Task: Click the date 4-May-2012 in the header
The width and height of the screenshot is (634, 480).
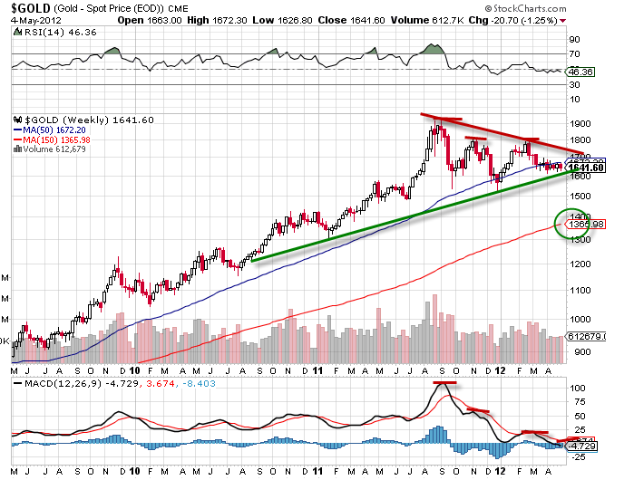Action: (25, 20)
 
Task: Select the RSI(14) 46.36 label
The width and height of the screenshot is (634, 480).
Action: (44, 32)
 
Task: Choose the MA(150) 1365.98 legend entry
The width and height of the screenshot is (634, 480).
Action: (55, 140)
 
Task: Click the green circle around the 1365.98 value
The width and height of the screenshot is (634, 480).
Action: (572, 224)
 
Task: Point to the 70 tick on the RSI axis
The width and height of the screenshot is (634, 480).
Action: (574, 55)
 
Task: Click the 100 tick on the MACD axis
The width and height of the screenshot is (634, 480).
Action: (575, 388)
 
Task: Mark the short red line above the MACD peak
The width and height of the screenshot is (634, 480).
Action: (444, 382)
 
